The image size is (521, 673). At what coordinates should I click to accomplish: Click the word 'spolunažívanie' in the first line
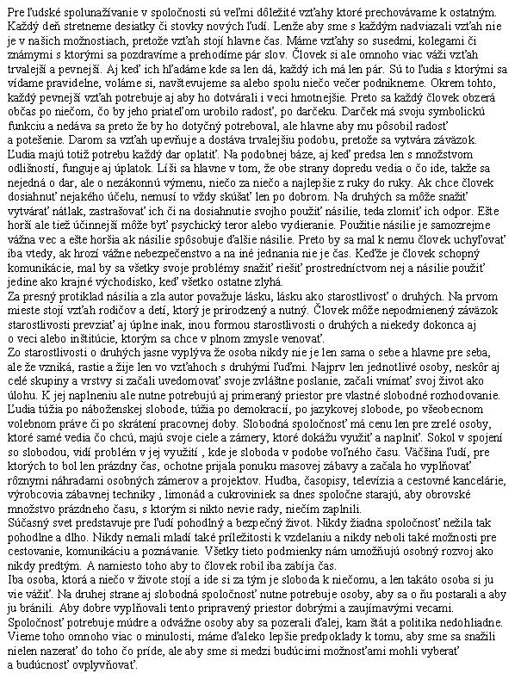[96, 8]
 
